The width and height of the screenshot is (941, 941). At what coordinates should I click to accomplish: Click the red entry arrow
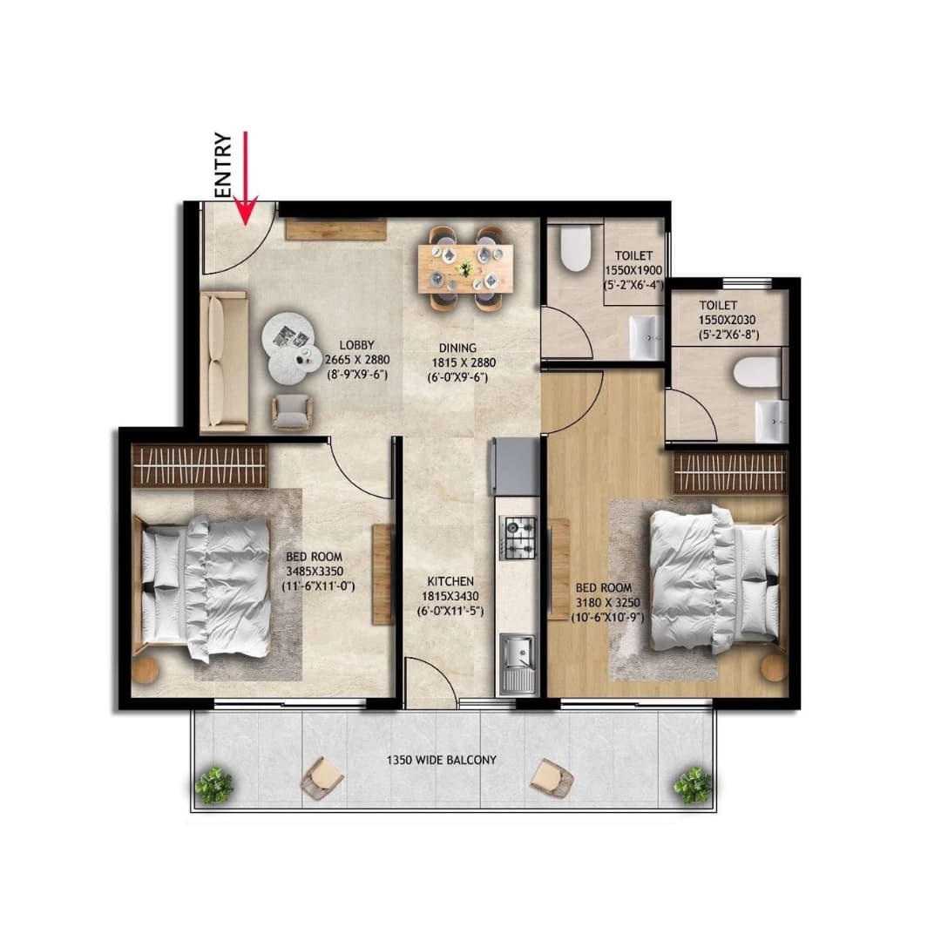[x=247, y=179]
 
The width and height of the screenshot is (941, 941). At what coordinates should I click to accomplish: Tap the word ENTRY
[x=223, y=166]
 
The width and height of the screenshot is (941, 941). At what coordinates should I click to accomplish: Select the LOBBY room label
[x=356, y=345]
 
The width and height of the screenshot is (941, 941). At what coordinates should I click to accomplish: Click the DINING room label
[x=457, y=349]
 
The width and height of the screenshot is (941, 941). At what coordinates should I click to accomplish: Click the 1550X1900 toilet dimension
[x=633, y=271]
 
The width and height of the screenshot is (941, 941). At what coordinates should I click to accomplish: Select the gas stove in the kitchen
[x=518, y=538]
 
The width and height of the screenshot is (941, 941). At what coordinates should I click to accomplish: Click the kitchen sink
[x=518, y=663]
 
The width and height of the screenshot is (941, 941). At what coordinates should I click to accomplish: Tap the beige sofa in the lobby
[x=224, y=362]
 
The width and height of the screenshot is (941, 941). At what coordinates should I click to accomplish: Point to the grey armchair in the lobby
[x=290, y=411]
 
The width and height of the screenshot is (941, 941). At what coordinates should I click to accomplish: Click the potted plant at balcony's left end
[x=213, y=784]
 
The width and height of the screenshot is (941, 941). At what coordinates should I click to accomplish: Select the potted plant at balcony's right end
[x=693, y=784]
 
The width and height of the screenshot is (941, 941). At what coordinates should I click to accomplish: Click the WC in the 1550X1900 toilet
[x=577, y=248]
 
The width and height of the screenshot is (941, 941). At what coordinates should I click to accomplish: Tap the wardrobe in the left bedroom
[x=200, y=466]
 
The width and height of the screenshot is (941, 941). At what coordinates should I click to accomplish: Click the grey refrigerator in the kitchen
[x=516, y=466]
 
